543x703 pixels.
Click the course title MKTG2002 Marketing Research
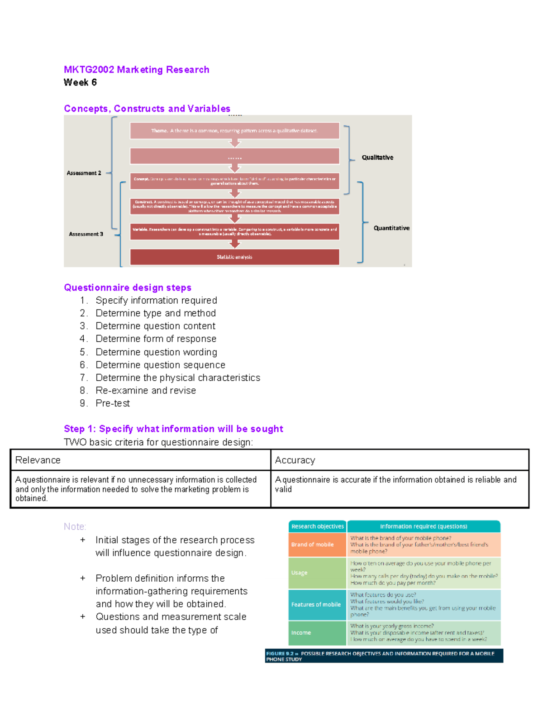tap(136, 70)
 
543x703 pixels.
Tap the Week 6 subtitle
tap(80, 82)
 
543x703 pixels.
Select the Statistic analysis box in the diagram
tap(234, 257)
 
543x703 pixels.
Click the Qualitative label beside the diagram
tap(377, 158)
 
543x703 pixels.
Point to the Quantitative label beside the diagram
tap(391, 228)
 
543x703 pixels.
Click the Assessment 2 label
tap(84, 173)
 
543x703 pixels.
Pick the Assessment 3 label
tap(86, 234)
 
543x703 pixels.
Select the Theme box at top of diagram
tap(234, 131)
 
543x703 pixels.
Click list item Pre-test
tap(113, 403)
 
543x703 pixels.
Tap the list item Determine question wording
tap(156, 352)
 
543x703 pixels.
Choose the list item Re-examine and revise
tap(146, 391)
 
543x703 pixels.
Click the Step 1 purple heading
tap(173, 429)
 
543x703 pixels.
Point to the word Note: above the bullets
tap(75, 527)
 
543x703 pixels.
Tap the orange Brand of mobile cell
tap(317, 545)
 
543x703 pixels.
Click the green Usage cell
tap(317, 573)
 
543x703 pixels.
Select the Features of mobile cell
tap(317, 605)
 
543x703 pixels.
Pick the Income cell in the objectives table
tap(317, 633)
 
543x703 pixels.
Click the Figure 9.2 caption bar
tap(384, 656)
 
